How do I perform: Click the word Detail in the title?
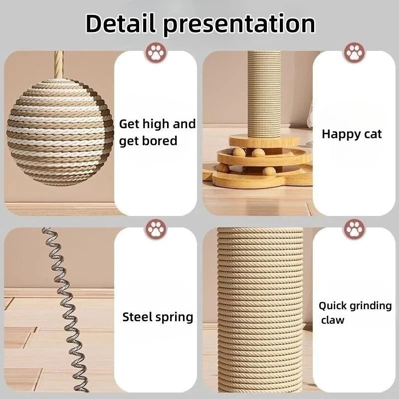click(x=120, y=23)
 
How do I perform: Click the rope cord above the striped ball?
click(x=59, y=64)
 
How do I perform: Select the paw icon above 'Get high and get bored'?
click(x=155, y=52)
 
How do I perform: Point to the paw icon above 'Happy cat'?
click(x=354, y=52)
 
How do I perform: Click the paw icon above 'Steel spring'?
click(x=155, y=229)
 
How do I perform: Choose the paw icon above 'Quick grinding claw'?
click(x=354, y=229)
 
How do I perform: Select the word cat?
click(x=372, y=134)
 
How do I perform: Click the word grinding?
click(x=371, y=306)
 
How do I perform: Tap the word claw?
click(x=332, y=320)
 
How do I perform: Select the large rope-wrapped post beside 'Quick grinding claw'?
click(x=259, y=309)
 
